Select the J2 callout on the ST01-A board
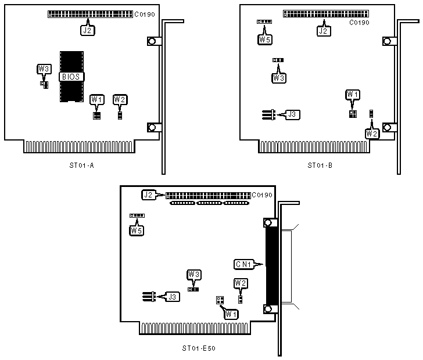tap(87, 30)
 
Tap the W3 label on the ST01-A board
tap(44, 69)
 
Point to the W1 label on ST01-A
tap(97, 100)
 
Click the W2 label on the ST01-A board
tap(120, 100)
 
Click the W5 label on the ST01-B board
tap(264, 40)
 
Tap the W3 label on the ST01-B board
tap(279, 77)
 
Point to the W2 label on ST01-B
tap(372, 134)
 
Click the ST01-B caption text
tap(320, 165)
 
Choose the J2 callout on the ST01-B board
tap(324, 30)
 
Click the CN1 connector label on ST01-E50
tap(243, 265)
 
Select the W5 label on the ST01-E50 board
tap(136, 231)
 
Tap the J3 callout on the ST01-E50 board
tap(173, 297)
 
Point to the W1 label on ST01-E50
tap(231, 314)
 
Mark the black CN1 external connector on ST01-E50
tap(270, 265)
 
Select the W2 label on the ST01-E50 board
tap(241, 283)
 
